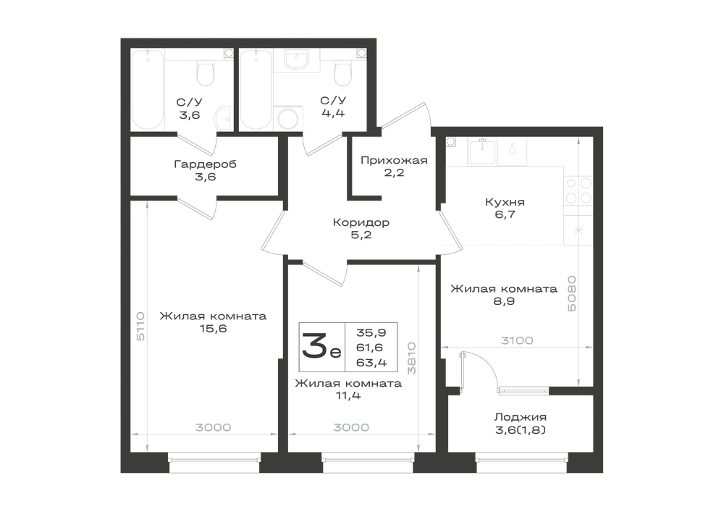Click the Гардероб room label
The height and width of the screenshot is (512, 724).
point(205,164)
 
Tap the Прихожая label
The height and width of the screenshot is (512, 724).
point(394,160)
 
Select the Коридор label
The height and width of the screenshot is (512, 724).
point(361,222)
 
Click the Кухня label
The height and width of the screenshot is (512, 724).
point(505,202)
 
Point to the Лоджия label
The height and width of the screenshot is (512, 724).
point(521,417)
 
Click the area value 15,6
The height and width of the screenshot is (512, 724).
point(213,329)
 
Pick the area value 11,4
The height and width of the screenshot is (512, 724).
point(348,395)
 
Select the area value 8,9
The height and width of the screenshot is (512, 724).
point(504,301)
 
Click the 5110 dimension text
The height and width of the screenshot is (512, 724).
point(141,326)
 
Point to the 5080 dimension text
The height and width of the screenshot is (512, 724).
point(572,293)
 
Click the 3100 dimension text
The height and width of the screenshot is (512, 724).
point(517,340)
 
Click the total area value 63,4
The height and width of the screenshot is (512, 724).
point(371,362)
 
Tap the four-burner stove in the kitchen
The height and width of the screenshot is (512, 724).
point(578,190)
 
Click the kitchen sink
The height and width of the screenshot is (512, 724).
point(482,151)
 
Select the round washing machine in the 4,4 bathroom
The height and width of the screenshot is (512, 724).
point(289,119)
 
